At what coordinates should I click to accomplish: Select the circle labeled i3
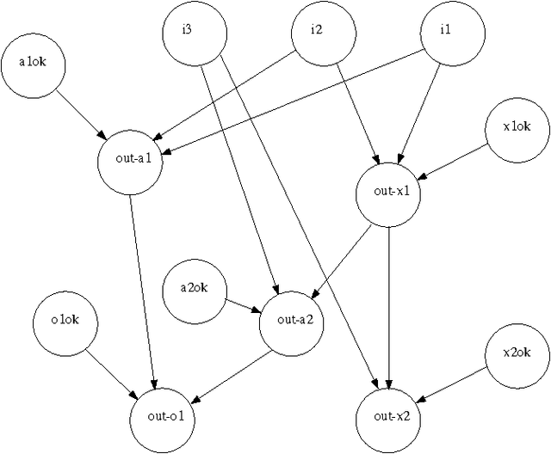point(195,33)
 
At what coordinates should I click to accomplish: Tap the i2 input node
point(317,31)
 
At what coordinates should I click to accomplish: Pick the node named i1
point(445,31)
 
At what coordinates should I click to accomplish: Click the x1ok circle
point(517,127)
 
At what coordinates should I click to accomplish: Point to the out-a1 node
point(130,158)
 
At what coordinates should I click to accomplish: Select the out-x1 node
point(389,192)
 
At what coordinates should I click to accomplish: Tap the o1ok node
point(65,322)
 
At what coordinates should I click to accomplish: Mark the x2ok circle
point(516,353)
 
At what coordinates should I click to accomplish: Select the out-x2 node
point(388,417)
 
